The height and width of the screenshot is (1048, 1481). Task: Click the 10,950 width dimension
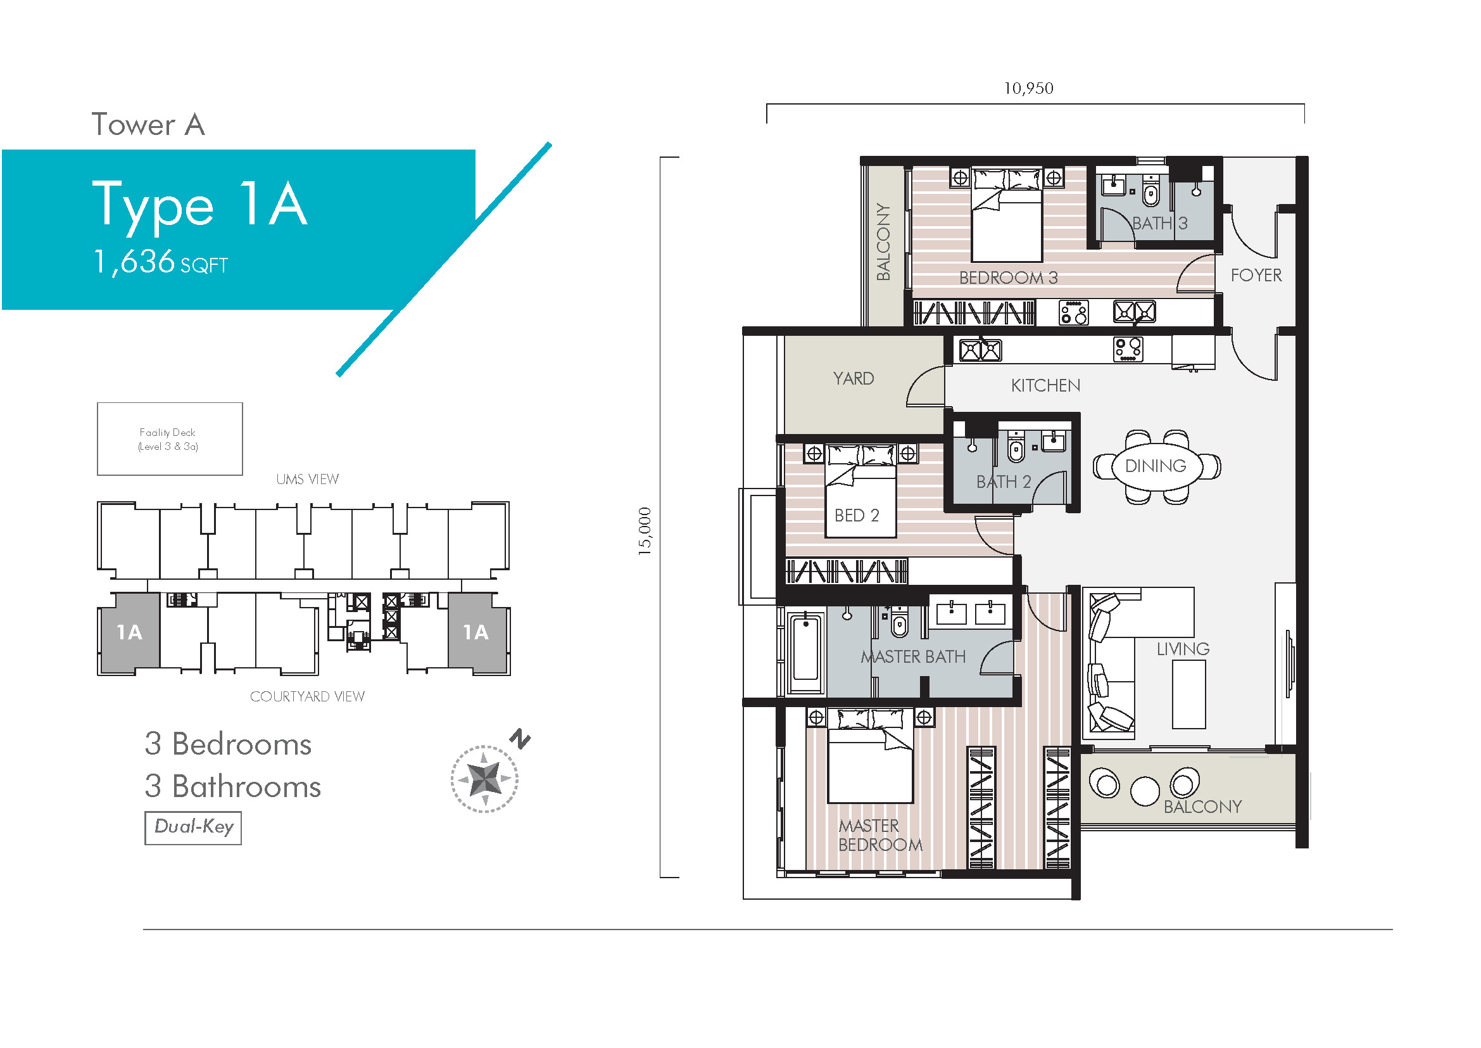click(1028, 88)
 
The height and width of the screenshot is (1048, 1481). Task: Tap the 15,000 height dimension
click(645, 531)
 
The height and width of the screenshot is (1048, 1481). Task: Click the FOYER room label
click(1256, 276)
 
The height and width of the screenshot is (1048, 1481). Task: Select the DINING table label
click(1156, 465)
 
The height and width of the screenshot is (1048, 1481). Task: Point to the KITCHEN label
click(1045, 385)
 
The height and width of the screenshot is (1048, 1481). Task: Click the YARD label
click(854, 378)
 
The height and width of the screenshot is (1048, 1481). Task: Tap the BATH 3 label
click(1160, 223)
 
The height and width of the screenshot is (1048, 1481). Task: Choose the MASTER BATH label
click(913, 657)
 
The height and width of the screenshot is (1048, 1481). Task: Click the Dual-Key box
click(193, 828)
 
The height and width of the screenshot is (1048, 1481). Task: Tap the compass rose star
click(484, 779)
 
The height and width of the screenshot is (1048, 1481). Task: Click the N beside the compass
click(520, 739)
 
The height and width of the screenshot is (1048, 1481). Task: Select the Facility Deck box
click(170, 439)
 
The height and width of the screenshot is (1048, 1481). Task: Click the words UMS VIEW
click(307, 480)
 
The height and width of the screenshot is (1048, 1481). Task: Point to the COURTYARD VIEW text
click(307, 696)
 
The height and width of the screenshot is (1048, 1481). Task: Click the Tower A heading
click(148, 125)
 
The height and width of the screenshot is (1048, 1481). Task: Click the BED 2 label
click(857, 516)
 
